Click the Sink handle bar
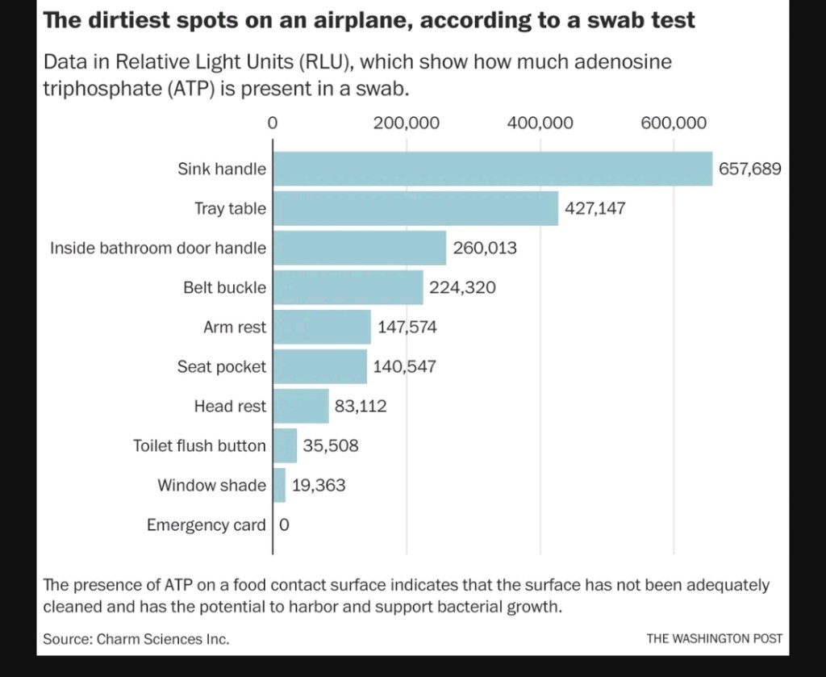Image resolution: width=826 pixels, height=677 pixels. coord(492,169)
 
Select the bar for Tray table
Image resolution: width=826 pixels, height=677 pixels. coord(415,208)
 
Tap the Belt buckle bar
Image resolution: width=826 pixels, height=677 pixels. coord(348,287)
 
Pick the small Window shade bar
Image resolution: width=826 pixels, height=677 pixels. coord(279,485)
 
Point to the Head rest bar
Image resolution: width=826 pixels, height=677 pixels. coord(301,406)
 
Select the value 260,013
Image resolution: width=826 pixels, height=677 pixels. coord(485,248)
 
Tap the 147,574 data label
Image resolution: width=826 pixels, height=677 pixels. coord(407,327)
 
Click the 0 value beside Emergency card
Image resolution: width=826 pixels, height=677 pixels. coord(284,525)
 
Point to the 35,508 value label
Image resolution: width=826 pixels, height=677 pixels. coord(331,445)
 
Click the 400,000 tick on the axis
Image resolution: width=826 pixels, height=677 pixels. coord(540,123)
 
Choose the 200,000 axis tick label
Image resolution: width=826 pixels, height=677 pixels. coord(407,123)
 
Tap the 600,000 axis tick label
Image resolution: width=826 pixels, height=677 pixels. coord(674,123)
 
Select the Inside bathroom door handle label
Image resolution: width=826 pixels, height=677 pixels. coord(158,248)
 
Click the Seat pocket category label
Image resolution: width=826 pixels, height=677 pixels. coord(222,366)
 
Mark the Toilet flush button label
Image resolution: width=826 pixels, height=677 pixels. coord(199,445)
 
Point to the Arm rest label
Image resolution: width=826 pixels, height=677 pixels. coord(235,327)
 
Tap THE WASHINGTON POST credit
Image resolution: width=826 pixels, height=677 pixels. coord(714,638)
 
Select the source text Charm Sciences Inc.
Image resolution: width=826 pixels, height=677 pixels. coord(163,639)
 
